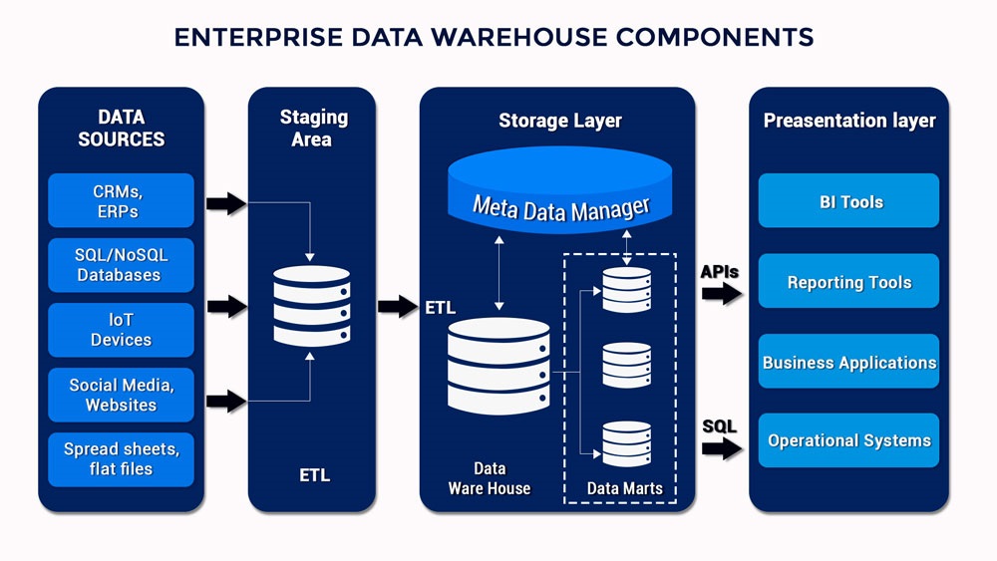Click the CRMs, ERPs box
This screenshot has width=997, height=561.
click(x=122, y=201)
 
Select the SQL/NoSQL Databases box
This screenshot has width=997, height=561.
click(x=122, y=265)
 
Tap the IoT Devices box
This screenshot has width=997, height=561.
click(x=122, y=330)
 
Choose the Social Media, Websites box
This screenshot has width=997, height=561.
click(x=122, y=395)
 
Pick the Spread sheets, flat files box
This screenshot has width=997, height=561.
click(x=122, y=459)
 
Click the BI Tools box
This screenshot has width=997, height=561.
click(x=849, y=201)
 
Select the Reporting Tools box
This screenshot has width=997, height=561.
click(x=849, y=282)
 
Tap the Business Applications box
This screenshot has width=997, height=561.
click(x=849, y=362)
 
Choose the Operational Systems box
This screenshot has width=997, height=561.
click(x=849, y=440)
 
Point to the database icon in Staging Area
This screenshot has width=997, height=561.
click(x=312, y=306)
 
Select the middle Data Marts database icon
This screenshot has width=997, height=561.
click(x=627, y=365)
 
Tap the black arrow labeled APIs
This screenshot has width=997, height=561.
click(x=722, y=293)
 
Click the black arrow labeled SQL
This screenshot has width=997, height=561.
click(x=722, y=447)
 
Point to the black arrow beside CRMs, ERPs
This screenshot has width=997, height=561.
click(x=226, y=203)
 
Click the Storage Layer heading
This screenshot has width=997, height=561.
click(x=559, y=121)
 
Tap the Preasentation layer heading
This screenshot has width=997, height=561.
click(x=849, y=121)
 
